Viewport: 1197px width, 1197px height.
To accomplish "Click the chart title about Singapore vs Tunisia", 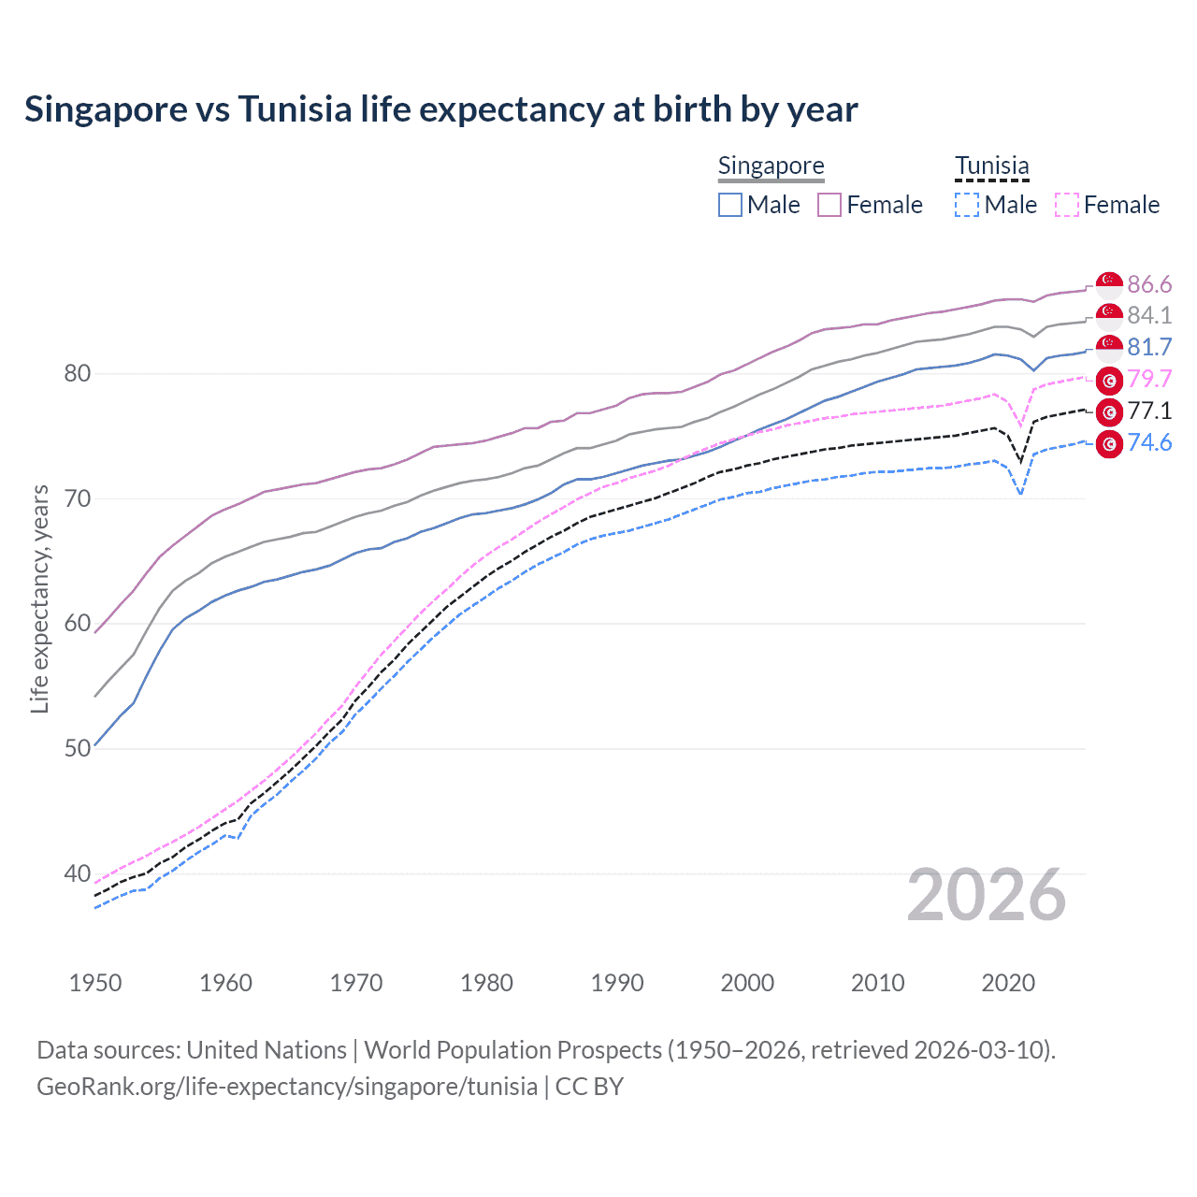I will pos(440,109).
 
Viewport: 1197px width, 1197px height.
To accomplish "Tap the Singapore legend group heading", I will pos(771,166).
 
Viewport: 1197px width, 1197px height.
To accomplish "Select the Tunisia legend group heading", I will pos(991,166).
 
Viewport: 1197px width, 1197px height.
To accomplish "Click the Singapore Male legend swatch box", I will pos(730,205).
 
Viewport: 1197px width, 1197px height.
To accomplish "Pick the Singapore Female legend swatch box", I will pos(829,205).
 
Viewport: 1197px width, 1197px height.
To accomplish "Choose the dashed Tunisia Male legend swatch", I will pos(967,205).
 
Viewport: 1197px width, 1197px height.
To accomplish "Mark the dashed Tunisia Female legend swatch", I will pos(1066,205).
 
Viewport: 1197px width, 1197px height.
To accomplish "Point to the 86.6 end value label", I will pos(1149,284).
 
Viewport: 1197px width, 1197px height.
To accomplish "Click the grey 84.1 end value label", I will pos(1149,315).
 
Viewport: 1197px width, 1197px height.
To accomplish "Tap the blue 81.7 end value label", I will pos(1149,347).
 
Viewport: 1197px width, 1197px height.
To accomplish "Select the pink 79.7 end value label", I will pos(1149,379).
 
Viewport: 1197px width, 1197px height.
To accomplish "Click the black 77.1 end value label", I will pos(1149,411).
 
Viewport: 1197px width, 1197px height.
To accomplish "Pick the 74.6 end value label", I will pos(1149,442).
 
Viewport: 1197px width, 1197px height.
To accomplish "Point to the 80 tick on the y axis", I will pos(77,373).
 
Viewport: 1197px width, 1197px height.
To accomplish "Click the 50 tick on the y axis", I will pos(77,748).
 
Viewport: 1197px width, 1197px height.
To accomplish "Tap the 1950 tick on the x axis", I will pos(95,983).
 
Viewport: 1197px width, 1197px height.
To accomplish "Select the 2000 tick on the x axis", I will pos(747,983).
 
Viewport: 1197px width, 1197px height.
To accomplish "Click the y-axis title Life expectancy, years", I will pos(39,598).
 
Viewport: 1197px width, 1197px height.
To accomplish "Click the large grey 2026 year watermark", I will pos(986,895).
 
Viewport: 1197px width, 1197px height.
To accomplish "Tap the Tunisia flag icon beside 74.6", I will pos(1109,443).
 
